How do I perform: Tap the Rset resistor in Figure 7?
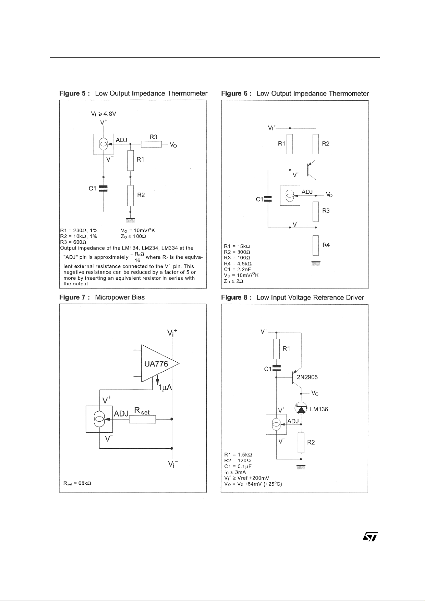(x=142, y=419)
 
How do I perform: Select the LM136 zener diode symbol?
(x=301, y=409)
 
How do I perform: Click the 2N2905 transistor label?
(x=307, y=377)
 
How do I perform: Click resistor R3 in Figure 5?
(x=151, y=144)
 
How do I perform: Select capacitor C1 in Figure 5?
(x=103, y=188)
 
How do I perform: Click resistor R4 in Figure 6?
(x=316, y=245)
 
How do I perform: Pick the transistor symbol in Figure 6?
(x=312, y=170)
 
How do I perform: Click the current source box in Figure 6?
(x=290, y=195)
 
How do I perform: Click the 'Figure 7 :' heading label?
(x=75, y=297)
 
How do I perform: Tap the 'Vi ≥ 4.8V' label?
(x=103, y=114)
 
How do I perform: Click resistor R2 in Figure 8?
(x=301, y=442)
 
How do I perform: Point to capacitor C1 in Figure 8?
(x=277, y=368)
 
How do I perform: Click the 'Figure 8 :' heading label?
(x=236, y=297)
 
